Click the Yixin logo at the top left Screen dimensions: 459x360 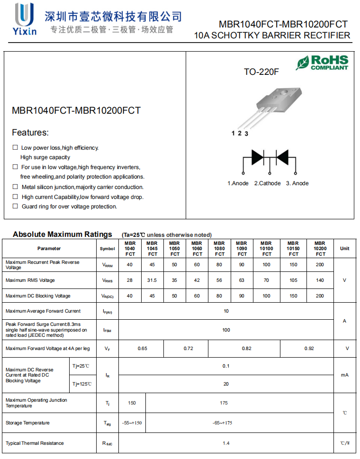[x=25, y=19]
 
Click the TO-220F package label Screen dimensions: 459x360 [x=261, y=72]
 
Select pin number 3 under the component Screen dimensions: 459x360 [x=246, y=134]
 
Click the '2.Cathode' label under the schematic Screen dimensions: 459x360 [x=267, y=183]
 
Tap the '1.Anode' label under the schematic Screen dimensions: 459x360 [x=238, y=183]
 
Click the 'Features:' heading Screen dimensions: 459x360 [x=30, y=133]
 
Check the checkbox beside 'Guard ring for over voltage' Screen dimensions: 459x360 [x=15, y=206]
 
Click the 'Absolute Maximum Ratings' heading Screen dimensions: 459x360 [x=62, y=234]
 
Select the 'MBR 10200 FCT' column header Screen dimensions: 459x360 [x=320, y=248]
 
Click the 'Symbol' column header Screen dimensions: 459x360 [x=107, y=249]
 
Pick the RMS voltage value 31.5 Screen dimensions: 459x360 [x=152, y=280]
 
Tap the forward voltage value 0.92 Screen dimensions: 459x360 [x=309, y=349]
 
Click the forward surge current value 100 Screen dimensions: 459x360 [x=226, y=330]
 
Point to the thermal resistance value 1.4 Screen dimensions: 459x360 [x=226, y=443]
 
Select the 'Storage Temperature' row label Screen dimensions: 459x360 [x=27, y=423]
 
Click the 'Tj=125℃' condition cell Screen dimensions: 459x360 [x=82, y=384]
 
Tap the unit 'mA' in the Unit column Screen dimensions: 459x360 [x=344, y=375]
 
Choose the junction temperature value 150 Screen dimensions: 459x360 [x=132, y=403]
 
